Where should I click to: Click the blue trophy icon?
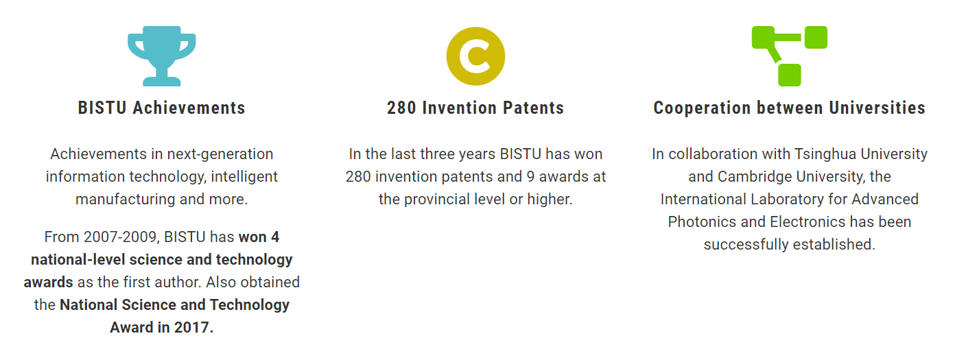click(x=162, y=56)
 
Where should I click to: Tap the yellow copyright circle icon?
click(x=475, y=56)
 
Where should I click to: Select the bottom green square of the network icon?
click(x=790, y=75)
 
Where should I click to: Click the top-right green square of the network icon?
click(x=816, y=38)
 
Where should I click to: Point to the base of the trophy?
click(x=162, y=81)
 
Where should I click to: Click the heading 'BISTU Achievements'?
click(x=162, y=108)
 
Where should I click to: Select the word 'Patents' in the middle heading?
click(x=533, y=108)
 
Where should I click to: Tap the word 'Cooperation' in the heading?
click(x=702, y=108)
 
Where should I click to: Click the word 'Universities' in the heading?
click(x=877, y=108)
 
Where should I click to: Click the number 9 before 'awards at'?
click(x=530, y=177)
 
